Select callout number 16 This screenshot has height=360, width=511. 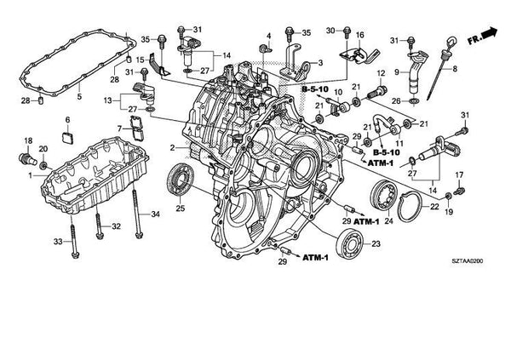coord(360,35)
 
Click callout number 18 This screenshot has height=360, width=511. coord(27,140)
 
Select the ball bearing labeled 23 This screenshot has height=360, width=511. coord(350,243)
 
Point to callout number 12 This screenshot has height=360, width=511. coord(381,74)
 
